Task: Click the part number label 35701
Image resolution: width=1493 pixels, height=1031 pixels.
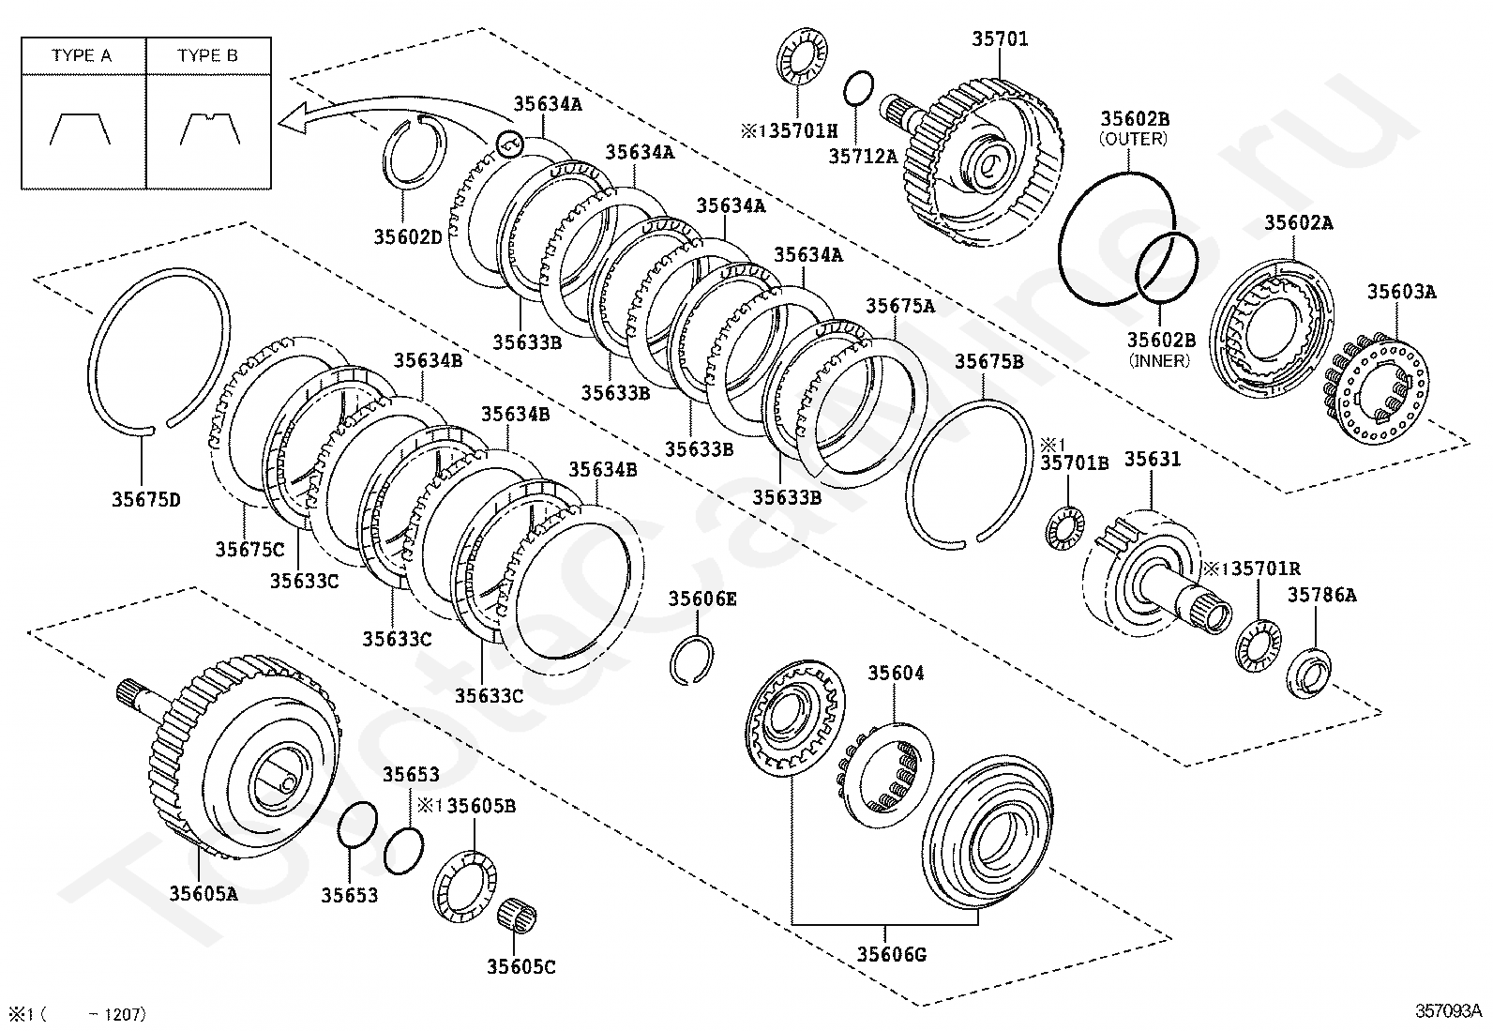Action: [999, 39]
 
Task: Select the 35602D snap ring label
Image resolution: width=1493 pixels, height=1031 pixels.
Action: [408, 237]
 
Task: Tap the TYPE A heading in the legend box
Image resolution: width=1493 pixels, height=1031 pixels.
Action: [82, 55]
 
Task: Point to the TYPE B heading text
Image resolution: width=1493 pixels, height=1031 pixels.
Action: [207, 55]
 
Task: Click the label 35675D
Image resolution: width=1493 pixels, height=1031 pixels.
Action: [146, 500]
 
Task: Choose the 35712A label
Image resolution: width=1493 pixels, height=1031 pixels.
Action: [863, 157]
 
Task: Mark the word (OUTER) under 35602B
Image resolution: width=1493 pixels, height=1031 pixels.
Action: [1134, 139]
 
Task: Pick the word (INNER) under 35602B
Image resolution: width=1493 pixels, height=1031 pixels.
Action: [1160, 360]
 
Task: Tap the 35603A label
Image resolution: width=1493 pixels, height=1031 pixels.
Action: [1401, 292]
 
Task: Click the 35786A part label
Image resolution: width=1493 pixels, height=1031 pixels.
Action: [1321, 595]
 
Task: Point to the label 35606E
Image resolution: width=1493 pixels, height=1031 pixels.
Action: [702, 599]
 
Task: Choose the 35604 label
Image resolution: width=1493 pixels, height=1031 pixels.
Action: [896, 673]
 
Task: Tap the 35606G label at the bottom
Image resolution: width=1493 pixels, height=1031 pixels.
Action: [891, 955]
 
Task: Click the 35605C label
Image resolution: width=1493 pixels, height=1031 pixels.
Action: [521, 966]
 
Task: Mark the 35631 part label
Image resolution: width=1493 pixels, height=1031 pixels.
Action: [1153, 459]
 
